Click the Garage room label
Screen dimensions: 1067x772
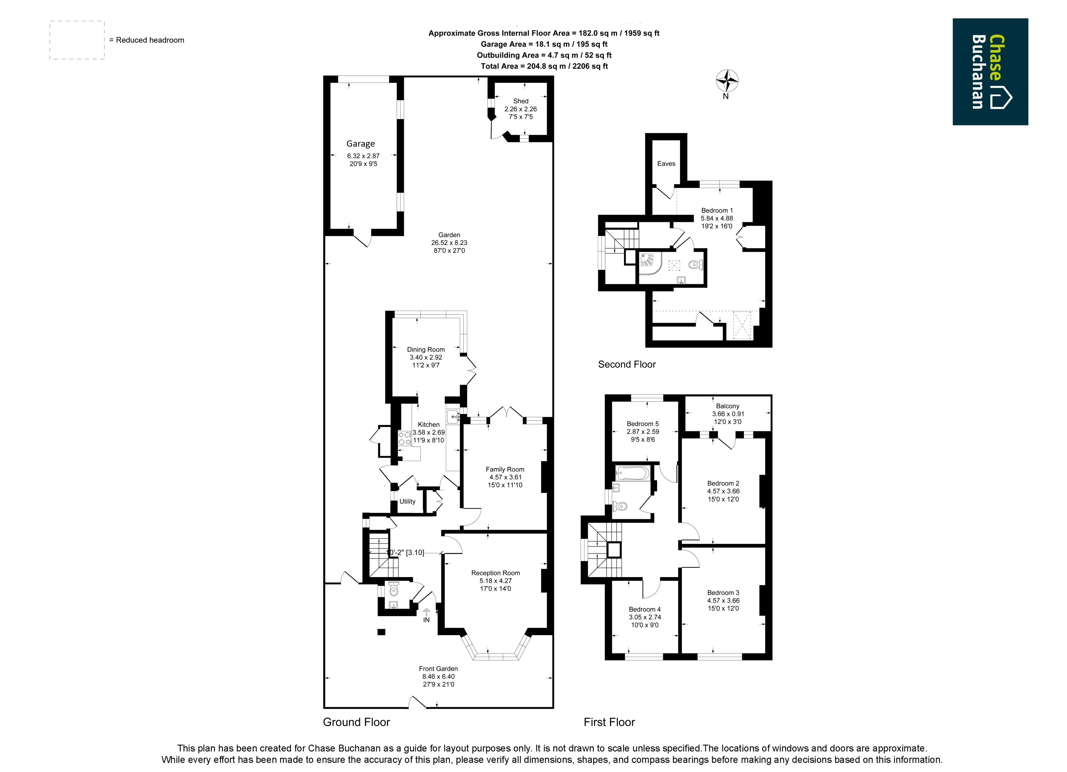tap(360, 144)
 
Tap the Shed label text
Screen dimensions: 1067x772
tap(521, 101)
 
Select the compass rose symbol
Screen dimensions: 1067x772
tap(727, 81)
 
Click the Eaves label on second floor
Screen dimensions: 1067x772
tap(666, 164)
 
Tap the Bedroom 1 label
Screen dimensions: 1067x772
tap(717, 211)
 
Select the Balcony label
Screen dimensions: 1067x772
tap(728, 406)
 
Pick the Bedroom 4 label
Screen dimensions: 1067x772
tap(645, 609)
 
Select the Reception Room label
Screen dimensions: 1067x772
tap(495, 573)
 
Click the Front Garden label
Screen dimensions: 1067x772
tap(438, 669)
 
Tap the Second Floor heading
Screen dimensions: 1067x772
tap(627, 365)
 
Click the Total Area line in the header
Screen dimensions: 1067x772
tap(544, 66)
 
